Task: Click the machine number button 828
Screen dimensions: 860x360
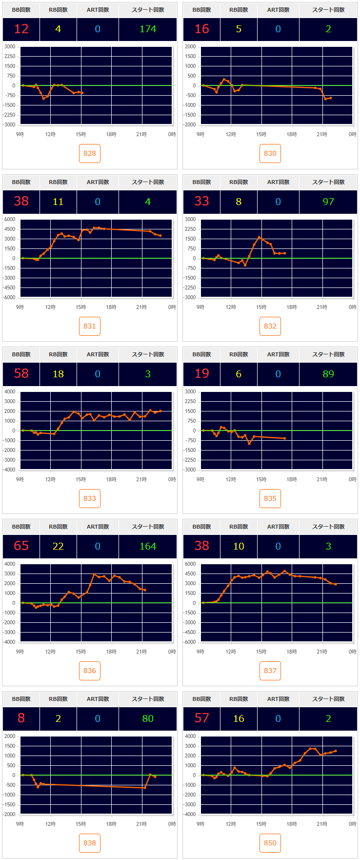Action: click(x=90, y=153)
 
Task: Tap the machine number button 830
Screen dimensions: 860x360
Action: click(x=270, y=153)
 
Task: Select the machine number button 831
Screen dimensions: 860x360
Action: click(x=90, y=326)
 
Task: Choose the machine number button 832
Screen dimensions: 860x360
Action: click(x=270, y=326)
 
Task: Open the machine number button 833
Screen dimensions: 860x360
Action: click(x=90, y=498)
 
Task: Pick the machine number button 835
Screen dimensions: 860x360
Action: click(x=270, y=498)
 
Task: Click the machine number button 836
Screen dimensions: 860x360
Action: click(x=90, y=671)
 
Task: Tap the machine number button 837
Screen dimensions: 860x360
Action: click(x=270, y=671)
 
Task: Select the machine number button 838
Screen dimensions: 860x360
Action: click(x=90, y=843)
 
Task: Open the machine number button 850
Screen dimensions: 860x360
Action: click(x=270, y=843)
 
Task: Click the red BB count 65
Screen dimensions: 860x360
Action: click(x=21, y=546)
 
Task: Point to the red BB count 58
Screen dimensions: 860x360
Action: click(x=21, y=374)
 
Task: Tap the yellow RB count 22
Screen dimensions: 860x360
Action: click(x=58, y=546)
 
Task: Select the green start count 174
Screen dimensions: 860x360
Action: click(x=148, y=29)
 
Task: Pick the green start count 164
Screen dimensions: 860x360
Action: click(x=148, y=546)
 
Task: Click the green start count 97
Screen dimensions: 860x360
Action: click(x=328, y=202)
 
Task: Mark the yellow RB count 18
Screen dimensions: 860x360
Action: click(x=58, y=374)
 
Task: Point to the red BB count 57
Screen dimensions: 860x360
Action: click(x=202, y=718)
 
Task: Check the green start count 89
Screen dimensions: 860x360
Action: click(x=328, y=374)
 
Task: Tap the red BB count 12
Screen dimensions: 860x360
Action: click(x=21, y=29)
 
